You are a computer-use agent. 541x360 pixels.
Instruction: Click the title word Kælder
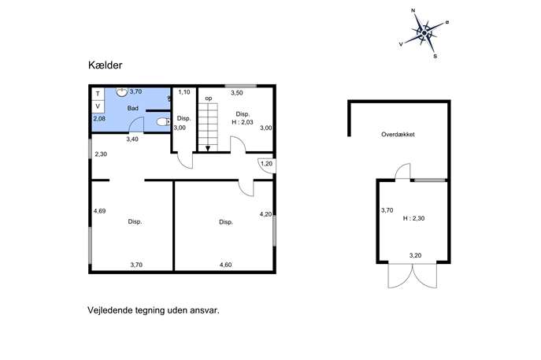coord(106,65)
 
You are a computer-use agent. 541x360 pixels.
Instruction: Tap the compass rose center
coord(424,33)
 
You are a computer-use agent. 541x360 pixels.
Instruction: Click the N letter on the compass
coord(413,11)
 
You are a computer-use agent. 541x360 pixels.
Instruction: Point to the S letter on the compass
coord(435,56)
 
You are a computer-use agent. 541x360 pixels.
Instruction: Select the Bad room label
coord(133,108)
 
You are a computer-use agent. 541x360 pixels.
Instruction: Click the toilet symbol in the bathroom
coord(164,122)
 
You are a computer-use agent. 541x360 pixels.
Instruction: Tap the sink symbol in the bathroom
coord(122,91)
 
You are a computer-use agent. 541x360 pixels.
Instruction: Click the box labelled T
coord(98,94)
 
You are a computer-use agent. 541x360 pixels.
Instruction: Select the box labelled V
coord(98,106)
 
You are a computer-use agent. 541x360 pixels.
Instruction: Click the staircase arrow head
coord(208,148)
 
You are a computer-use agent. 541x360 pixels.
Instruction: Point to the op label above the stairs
coord(209,98)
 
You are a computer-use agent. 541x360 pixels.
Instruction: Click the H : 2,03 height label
coord(243,122)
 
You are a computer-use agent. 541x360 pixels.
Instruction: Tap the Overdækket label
coord(398,134)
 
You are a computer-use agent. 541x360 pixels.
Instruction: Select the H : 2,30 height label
coord(413,218)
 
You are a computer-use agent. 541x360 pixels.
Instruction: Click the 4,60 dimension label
coord(226,265)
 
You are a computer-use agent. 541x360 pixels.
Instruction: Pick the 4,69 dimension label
coord(99,211)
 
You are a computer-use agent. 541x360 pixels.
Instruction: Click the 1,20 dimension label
coord(266,164)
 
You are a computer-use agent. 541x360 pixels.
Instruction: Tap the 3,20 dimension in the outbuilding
coord(416,255)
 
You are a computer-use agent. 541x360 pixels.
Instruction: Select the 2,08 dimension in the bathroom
coord(99,118)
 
